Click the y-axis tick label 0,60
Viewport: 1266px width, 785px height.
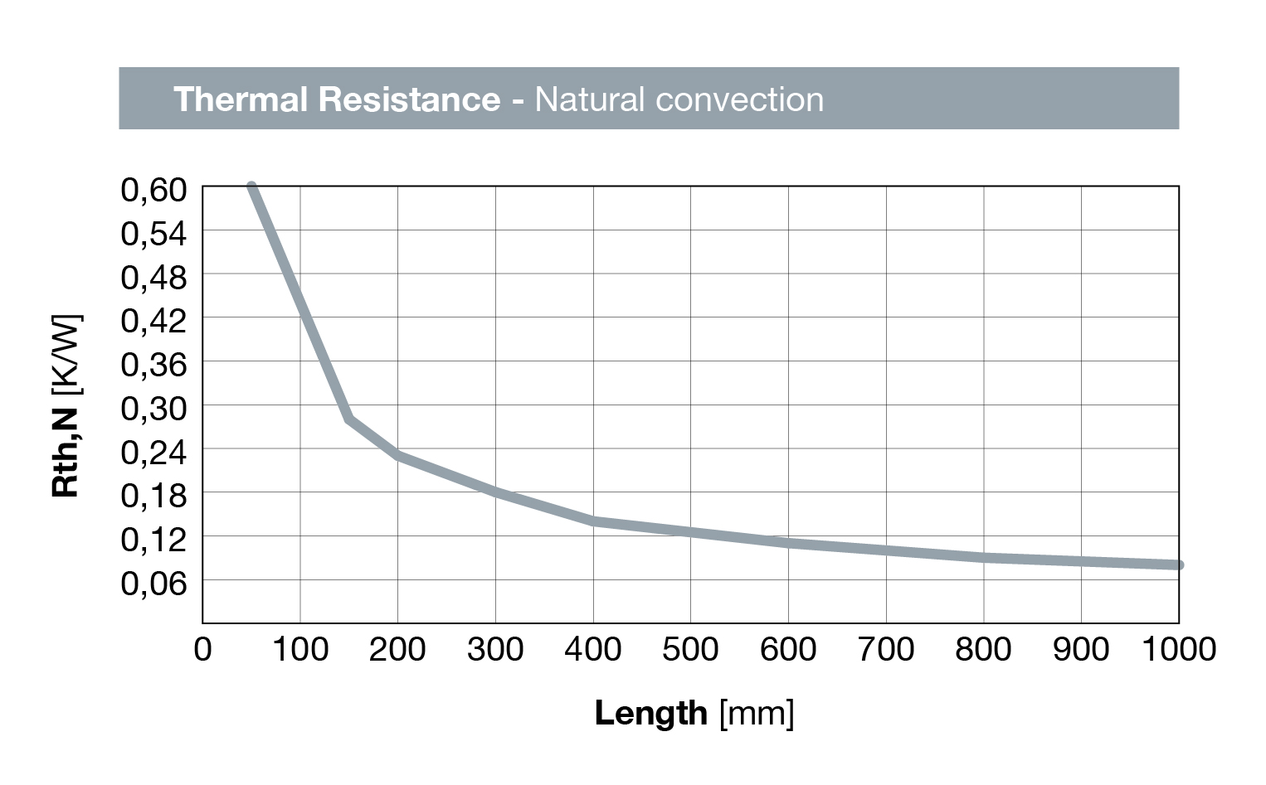(x=154, y=190)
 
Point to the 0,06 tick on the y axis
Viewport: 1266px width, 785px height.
(x=154, y=584)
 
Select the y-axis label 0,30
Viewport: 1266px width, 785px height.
(x=154, y=409)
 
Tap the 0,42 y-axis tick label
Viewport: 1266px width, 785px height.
(x=154, y=321)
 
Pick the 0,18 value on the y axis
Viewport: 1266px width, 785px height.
(x=154, y=496)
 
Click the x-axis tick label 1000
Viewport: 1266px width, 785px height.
(x=1178, y=649)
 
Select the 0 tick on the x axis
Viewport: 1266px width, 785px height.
(x=202, y=649)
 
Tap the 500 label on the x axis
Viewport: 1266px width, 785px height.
(x=690, y=649)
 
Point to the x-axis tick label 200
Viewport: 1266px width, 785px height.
(x=397, y=649)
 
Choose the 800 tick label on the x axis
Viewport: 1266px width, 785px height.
(x=983, y=649)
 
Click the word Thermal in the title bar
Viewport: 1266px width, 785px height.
(x=241, y=99)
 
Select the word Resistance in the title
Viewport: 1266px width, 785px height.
(x=409, y=99)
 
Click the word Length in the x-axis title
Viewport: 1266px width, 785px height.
(x=650, y=713)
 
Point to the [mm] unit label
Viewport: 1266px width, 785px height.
(x=757, y=713)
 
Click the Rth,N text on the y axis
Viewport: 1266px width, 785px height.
(x=66, y=452)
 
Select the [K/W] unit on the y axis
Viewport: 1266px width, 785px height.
(x=66, y=355)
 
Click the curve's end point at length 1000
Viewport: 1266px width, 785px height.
(x=1178, y=565)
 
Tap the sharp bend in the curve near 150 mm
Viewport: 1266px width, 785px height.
(x=350, y=419)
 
